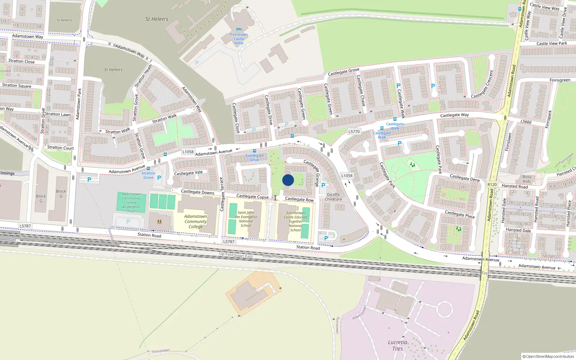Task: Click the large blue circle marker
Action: [288, 180]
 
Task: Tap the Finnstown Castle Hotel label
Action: [239, 39]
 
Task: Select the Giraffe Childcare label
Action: [333, 197]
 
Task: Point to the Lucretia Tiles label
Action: [397, 345]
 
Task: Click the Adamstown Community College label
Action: [195, 221]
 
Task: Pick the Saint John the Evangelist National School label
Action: [246, 219]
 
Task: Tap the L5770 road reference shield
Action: [354, 132]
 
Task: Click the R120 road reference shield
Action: [492, 185]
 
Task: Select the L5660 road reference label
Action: [526, 122]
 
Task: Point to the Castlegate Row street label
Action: [299, 199]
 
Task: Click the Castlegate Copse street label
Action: [252, 197]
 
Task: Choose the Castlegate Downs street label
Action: [197, 192]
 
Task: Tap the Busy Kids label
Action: [527, 179]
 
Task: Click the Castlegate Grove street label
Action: [343, 72]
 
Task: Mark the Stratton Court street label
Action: [60, 148]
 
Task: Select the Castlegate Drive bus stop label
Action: [255, 158]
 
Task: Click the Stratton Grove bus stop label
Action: [148, 175]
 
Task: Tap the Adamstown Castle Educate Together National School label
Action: [296, 221]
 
